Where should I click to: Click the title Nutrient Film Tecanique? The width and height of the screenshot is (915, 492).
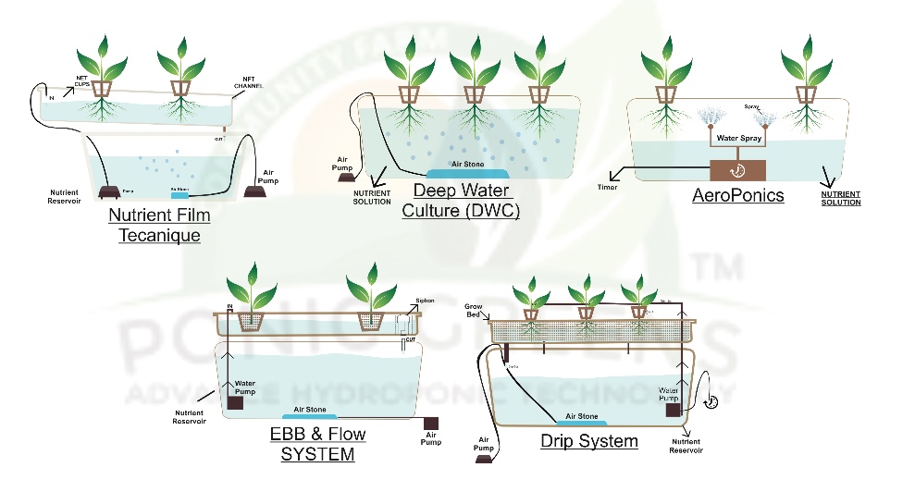[159, 225]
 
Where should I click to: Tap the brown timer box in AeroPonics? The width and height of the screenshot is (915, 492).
[738, 170]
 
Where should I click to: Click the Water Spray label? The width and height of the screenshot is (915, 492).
[738, 139]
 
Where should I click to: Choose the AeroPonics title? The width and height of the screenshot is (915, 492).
[738, 195]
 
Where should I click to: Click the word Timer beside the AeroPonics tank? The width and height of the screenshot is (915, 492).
[607, 187]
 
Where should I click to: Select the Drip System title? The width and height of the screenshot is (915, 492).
[589, 440]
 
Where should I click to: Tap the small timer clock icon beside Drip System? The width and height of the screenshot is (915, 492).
[711, 401]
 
